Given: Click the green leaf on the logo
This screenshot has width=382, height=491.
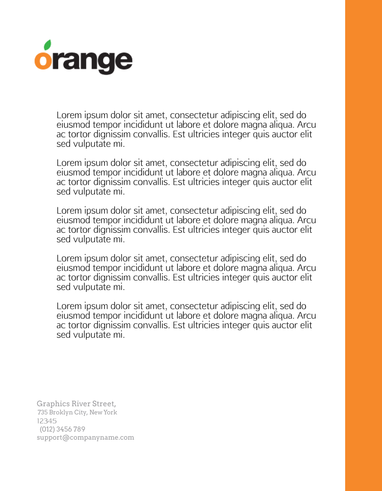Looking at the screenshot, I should coord(46,45).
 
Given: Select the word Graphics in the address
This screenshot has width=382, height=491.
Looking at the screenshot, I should coord(53,404).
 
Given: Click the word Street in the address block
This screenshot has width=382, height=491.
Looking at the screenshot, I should coord(104,404).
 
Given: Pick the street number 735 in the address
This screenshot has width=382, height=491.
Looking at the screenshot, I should coord(42,412).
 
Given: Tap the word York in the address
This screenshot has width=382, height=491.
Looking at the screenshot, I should coord(110,412).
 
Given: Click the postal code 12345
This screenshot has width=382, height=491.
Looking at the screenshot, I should coord(47,421).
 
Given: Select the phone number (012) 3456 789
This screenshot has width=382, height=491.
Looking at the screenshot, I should coord(62,429).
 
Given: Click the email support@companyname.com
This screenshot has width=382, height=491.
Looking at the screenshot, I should coord(85,437).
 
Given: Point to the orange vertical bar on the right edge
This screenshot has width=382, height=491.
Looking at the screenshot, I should coord(363,245).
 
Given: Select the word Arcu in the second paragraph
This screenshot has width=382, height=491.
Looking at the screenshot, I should coord(306,173).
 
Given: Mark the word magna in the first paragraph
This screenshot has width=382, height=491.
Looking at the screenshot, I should coord(260,125).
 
